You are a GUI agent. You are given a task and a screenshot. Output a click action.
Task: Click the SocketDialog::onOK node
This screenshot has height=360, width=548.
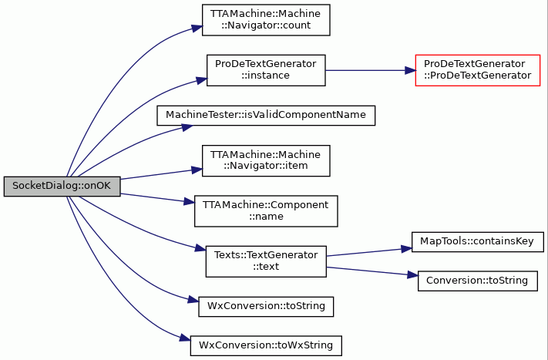pyautogui.click(x=62, y=187)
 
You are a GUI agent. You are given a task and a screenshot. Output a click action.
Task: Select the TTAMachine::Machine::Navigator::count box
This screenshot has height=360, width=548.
pyautogui.click(x=266, y=20)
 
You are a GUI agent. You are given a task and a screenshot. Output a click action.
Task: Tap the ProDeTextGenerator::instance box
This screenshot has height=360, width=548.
pyautogui.click(x=266, y=70)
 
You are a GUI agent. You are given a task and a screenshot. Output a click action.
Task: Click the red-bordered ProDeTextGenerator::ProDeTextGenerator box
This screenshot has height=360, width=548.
pyautogui.click(x=478, y=70)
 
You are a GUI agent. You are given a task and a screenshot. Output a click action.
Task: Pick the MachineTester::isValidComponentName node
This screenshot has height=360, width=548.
pyautogui.click(x=266, y=116)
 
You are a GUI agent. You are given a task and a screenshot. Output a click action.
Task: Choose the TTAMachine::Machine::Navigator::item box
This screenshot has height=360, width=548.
pyautogui.click(x=266, y=161)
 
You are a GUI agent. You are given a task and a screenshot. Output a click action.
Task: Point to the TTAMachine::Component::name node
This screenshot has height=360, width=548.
pyautogui.click(x=266, y=211)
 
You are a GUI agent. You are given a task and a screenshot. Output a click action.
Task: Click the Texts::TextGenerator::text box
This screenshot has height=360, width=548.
pyautogui.click(x=266, y=261)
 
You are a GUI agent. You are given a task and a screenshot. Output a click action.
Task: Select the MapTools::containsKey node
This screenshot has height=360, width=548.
pyautogui.click(x=478, y=242)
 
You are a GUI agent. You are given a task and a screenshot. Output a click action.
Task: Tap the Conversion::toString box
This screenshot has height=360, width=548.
pyautogui.click(x=478, y=281)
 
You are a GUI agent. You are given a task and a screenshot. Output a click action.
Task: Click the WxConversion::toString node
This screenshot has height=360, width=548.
pyautogui.click(x=266, y=307)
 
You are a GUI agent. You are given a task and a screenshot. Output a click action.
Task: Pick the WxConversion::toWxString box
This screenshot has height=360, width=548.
pyautogui.click(x=266, y=346)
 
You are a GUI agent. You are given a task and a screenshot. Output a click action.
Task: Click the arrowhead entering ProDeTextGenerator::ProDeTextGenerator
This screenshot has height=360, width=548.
pyautogui.click(x=410, y=70)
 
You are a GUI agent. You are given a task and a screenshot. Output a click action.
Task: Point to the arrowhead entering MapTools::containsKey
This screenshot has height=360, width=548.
pyautogui.click(x=407, y=249)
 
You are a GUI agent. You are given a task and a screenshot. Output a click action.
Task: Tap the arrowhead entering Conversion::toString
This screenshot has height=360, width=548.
pyautogui.click(x=413, y=275)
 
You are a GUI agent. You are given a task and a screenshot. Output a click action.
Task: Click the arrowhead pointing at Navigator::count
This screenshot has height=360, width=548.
pyautogui.click(x=197, y=29)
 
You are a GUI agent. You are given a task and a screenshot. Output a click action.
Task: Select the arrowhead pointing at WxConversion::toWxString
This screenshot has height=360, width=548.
pyautogui.click(x=185, y=338)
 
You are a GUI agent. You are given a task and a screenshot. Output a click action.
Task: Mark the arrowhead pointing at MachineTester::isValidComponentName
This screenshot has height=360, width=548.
pyautogui.click(x=187, y=127)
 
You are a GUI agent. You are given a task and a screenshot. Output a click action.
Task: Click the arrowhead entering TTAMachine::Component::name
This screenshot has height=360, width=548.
pyautogui.click(x=190, y=202)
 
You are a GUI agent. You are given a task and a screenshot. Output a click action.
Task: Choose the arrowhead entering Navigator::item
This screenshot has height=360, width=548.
pyautogui.click(x=197, y=170)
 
